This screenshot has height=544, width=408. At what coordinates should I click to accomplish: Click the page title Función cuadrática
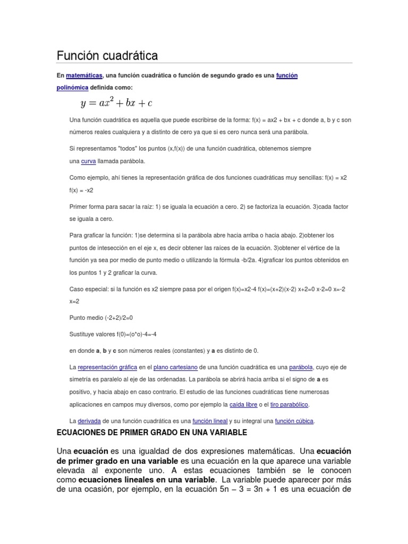pos(107,55)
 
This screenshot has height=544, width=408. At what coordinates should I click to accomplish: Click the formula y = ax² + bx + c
pos(116,102)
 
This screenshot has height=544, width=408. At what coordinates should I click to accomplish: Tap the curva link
pos(88,160)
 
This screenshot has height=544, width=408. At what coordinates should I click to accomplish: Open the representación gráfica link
pos(107,367)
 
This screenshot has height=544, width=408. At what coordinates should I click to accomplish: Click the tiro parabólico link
pos(289,404)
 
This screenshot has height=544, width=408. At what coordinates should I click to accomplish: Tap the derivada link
pos(89,421)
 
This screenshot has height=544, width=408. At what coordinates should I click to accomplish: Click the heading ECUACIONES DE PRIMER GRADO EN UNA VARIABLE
pos(152,433)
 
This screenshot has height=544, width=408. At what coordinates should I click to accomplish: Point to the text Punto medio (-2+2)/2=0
pos(101,318)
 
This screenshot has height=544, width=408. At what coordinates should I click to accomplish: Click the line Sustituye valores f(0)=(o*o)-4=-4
pos(113,334)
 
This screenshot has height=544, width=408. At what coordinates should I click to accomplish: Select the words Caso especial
pos(88,289)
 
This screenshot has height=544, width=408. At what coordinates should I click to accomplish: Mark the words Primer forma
pos(87,206)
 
